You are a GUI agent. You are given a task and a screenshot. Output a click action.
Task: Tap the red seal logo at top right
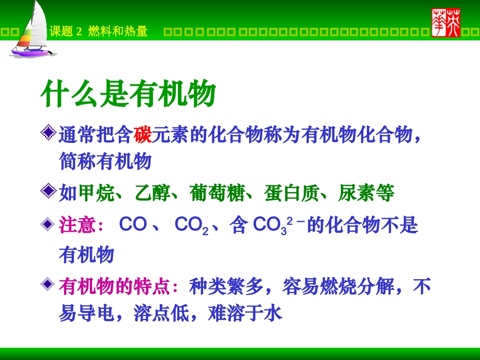[x=446, y=23]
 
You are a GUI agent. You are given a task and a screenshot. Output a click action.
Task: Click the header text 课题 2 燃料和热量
[x=99, y=32]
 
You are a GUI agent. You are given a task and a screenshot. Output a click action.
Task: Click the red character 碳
[x=143, y=135]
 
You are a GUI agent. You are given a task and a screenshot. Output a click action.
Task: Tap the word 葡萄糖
[x=217, y=193]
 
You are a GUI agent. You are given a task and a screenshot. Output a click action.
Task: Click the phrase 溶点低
[x=161, y=314]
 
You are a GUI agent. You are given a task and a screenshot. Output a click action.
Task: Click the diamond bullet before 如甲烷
[x=49, y=191]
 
